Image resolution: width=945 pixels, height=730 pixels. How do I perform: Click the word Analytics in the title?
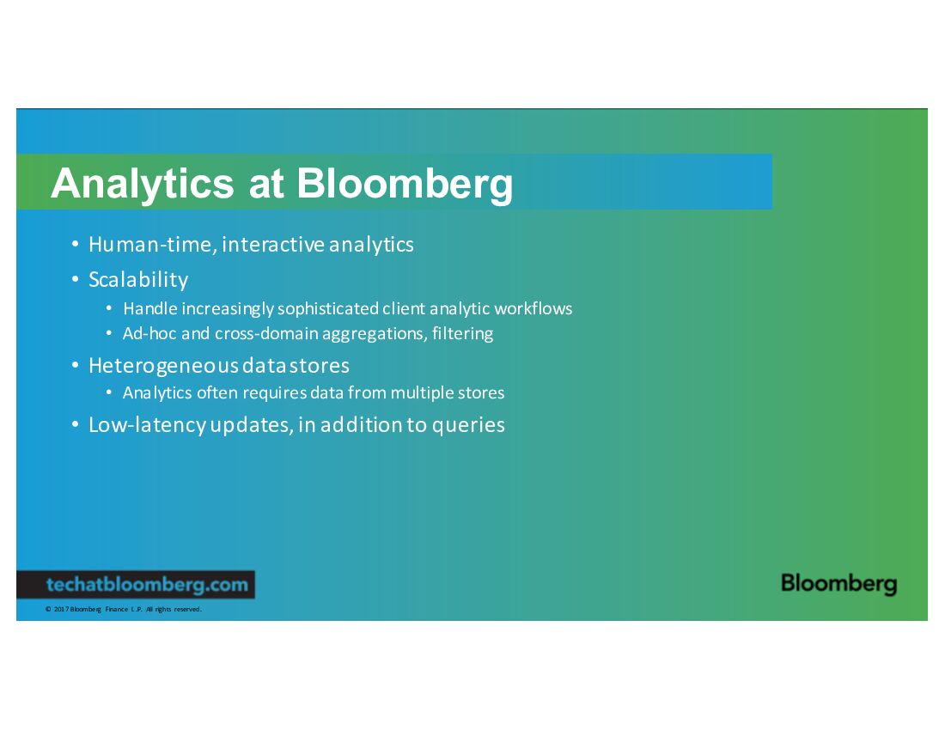[x=143, y=184]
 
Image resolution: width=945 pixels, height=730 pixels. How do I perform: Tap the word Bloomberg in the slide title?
[x=405, y=184]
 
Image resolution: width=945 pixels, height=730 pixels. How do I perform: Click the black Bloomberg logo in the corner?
[x=839, y=584]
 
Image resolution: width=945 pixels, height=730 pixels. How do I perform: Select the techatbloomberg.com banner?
[x=136, y=584]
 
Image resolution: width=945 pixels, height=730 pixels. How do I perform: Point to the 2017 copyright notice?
[x=124, y=609]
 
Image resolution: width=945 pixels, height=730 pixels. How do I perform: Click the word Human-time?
[x=152, y=245]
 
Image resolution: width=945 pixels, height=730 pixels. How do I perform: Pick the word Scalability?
[x=138, y=279]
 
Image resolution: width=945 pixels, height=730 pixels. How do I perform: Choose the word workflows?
[x=533, y=308]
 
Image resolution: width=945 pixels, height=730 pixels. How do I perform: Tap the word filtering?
[x=462, y=334]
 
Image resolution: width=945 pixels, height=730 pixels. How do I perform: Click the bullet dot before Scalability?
[x=76, y=279]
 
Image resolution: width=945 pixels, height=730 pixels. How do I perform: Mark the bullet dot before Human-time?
[x=76, y=244]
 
